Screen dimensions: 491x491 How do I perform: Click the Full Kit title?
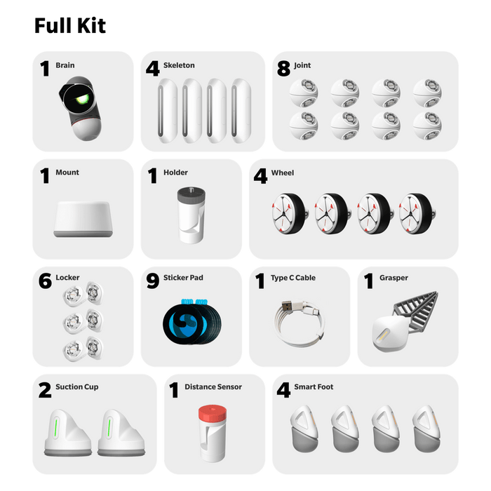coord(70,27)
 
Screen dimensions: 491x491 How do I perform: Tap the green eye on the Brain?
coord(83,101)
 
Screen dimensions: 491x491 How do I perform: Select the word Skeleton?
coord(179,65)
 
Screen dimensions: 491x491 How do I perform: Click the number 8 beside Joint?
coord(283,69)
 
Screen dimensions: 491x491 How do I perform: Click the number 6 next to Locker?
coord(45,281)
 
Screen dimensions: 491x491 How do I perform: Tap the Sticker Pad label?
coord(183,278)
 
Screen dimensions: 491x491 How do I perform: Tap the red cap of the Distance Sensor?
coord(209,412)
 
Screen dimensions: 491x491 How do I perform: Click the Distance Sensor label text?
coord(213,386)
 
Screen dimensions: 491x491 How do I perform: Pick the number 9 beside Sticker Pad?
coord(153,281)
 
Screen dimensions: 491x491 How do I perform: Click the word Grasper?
coord(394,278)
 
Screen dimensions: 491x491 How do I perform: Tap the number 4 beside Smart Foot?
coord(283,390)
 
